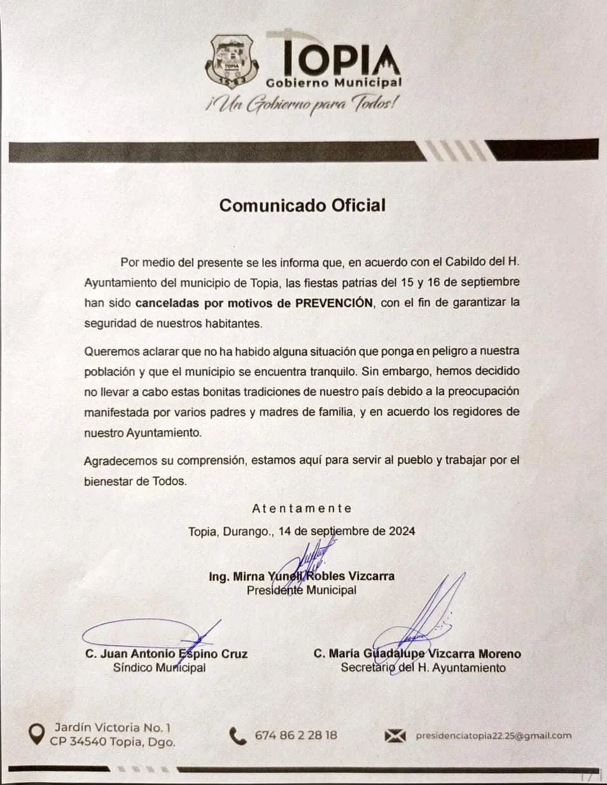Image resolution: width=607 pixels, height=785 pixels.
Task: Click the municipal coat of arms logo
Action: coord(231,60)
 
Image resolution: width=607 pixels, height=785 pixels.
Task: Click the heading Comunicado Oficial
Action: coord(302,205)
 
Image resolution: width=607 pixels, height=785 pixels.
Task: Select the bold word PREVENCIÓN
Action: coord(334,302)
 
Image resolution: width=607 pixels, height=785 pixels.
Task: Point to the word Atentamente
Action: coord(302,508)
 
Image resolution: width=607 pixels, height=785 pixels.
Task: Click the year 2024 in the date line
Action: coord(402,531)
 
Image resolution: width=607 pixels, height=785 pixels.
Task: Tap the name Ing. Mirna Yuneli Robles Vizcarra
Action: coord(301,576)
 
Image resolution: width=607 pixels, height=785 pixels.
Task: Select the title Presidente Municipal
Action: coord(301,590)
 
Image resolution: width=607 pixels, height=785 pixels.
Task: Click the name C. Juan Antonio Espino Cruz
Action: coord(166,654)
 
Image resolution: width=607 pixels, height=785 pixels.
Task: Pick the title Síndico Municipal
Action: coord(159,668)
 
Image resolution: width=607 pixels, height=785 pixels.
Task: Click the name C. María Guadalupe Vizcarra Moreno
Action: coord(417,654)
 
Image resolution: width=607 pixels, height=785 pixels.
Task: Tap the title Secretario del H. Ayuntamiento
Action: coord(423,668)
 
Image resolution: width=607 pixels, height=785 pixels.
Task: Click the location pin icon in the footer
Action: coord(37,734)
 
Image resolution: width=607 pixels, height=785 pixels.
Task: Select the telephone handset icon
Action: coord(238,736)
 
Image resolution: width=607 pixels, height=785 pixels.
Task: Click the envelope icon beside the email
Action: coord(395,736)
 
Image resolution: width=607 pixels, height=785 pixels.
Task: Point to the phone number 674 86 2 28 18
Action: coord(296,735)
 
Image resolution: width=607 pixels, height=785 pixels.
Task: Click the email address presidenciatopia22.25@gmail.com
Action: coord(493,735)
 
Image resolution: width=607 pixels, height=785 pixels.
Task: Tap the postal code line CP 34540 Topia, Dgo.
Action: coord(113,742)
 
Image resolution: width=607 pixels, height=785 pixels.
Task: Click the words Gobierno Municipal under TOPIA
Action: coord(334,83)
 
